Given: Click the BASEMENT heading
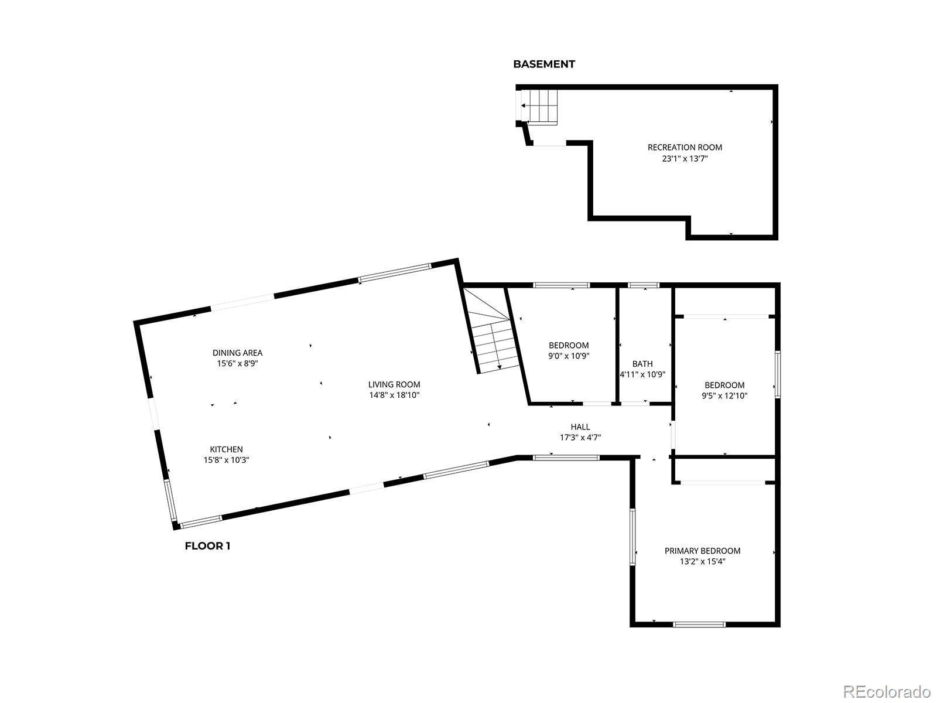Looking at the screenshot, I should [x=544, y=64].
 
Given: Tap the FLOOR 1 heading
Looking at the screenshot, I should [x=207, y=546].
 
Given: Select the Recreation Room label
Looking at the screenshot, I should [x=685, y=148].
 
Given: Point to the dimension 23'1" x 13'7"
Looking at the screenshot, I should [x=685, y=158].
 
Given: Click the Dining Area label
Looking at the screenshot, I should [x=237, y=353].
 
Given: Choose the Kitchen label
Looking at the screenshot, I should [x=226, y=449].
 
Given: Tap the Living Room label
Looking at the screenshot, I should [x=394, y=385].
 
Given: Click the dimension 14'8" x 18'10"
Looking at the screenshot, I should [x=394, y=395].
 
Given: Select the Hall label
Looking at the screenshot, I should [x=580, y=427].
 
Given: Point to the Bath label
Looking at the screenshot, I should [x=642, y=364].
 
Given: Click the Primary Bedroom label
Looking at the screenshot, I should [x=702, y=551].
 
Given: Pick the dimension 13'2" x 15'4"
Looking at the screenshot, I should [x=702, y=561].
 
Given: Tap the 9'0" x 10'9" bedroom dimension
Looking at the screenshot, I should [x=569, y=356].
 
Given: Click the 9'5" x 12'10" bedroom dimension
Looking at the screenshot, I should [x=724, y=395].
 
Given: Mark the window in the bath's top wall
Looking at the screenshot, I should [x=643, y=285].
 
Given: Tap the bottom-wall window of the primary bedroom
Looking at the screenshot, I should [x=699, y=624].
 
